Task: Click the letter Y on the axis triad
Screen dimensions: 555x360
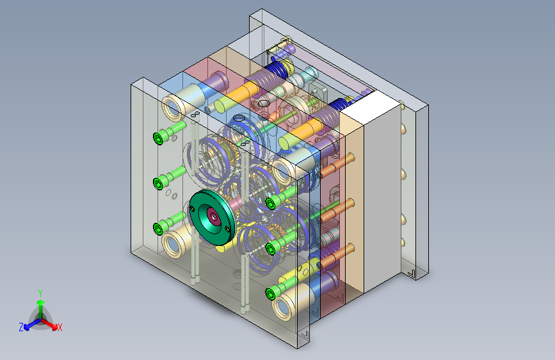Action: [40, 293]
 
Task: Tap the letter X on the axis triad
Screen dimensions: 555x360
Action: [60, 328]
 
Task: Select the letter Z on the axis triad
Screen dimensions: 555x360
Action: [21, 327]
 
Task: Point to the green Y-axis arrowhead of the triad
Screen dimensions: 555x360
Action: [41, 303]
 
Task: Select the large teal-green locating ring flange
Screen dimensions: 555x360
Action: [212, 217]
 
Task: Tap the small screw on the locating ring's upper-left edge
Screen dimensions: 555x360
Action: [192, 209]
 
